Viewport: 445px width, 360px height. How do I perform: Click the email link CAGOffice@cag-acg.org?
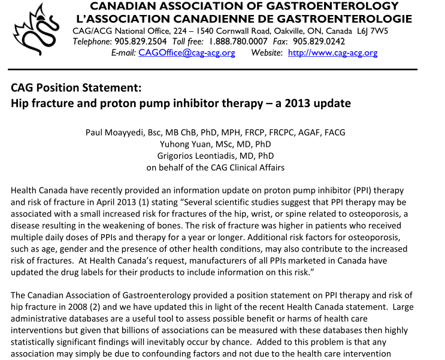(x=186, y=53)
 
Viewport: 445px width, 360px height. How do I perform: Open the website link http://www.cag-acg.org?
(x=332, y=53)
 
